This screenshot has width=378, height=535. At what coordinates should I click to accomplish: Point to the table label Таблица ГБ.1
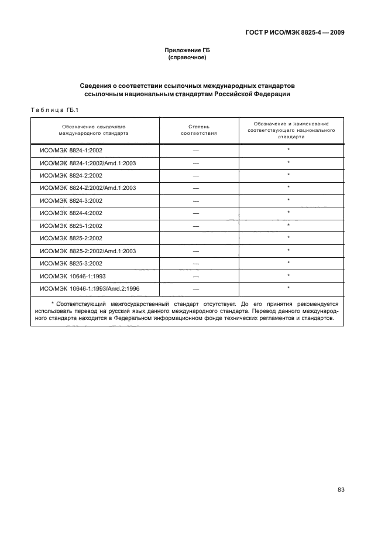(x=54, y=110)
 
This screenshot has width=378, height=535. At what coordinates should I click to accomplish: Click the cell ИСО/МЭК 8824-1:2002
(x=71, y=151)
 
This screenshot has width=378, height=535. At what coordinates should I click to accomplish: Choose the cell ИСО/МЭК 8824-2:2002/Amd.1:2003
(x=87, y=188)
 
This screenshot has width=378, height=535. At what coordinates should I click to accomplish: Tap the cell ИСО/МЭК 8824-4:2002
(x=71, y=213)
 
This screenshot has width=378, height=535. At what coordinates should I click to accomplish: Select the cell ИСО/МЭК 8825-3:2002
(x=71, y=263)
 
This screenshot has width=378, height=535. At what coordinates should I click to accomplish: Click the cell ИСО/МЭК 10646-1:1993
(x=72, y=275)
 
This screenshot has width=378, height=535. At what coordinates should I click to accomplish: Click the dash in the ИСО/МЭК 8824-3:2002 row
(x=196, y=200)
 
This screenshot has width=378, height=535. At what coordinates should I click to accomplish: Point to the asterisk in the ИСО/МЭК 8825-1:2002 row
(x=289, y=225)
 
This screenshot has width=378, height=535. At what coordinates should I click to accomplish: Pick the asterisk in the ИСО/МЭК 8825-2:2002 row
(x=289, y=237)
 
